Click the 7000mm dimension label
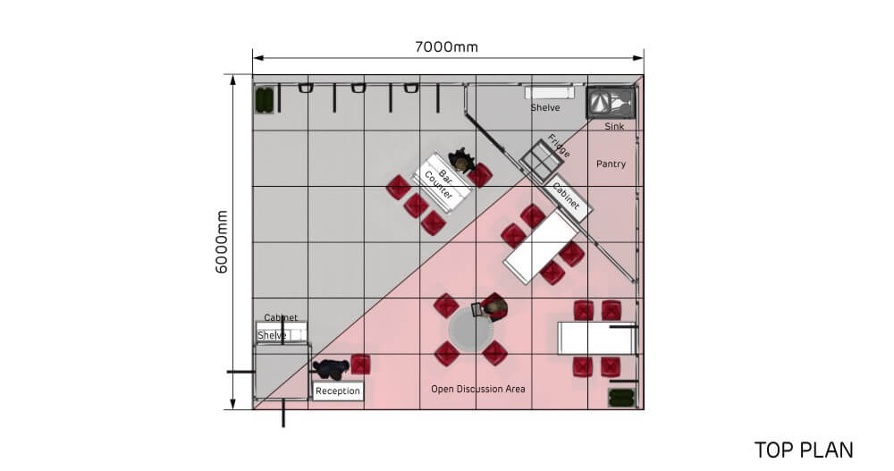[446, 46]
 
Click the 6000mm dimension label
[222, 242]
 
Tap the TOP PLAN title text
[804, 450]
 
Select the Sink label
[614, 127]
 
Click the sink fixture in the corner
[611, 103]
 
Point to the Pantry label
[611, 164]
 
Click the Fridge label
[559, 146]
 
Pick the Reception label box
[338, 391]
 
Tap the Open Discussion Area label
[477, 389]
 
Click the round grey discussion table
[470, 332]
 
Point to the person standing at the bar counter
[462, 160]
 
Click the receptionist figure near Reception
[331, 369]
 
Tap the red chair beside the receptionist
[360, 365]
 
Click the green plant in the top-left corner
[264, 100]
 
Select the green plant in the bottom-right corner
[621, 398]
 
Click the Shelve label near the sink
[545, 108]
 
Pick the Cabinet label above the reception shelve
[281, 317]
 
